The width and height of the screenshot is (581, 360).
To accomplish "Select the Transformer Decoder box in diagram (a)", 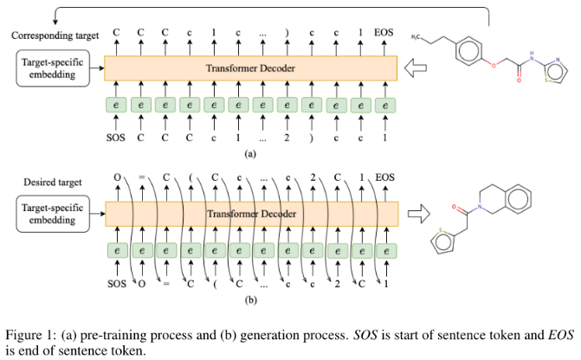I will [250, 68].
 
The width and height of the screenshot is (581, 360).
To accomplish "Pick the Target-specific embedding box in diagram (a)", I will [54, 67].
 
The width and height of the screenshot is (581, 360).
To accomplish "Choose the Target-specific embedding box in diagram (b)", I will [54, 214].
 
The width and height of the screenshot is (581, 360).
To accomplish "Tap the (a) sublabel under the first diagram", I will [250, 152].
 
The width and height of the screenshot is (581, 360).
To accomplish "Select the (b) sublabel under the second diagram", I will [250, 299].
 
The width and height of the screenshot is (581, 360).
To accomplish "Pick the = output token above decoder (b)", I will [139, 179].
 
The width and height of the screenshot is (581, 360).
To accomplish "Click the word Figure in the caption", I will [23, 335].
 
